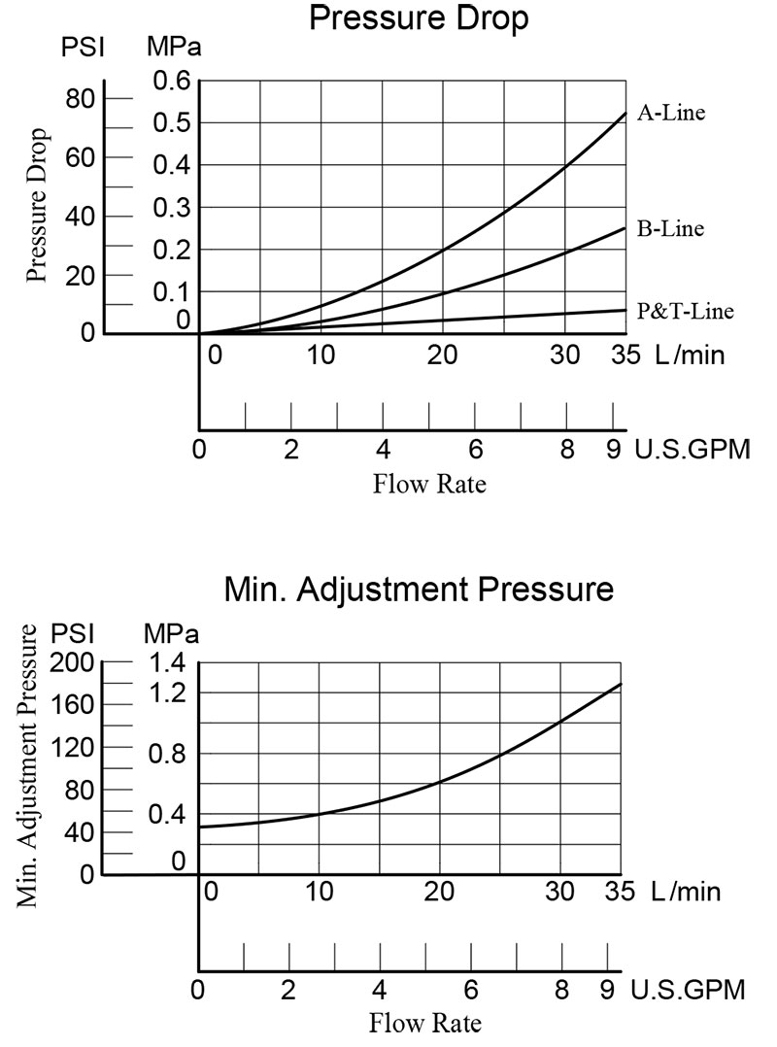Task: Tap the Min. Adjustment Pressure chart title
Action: point(419,590)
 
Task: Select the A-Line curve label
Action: point(671,113)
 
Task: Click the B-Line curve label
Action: point(671,230)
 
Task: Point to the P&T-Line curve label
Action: point(685,311)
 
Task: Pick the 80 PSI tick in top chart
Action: point(81,98)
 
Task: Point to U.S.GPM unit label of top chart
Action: point(693,451)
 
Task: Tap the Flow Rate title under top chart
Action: point(429,483)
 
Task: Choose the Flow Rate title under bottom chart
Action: point(425,1022)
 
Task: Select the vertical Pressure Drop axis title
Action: point(37,203)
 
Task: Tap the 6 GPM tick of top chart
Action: point(476,451)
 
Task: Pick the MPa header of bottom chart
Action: point(171,634)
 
